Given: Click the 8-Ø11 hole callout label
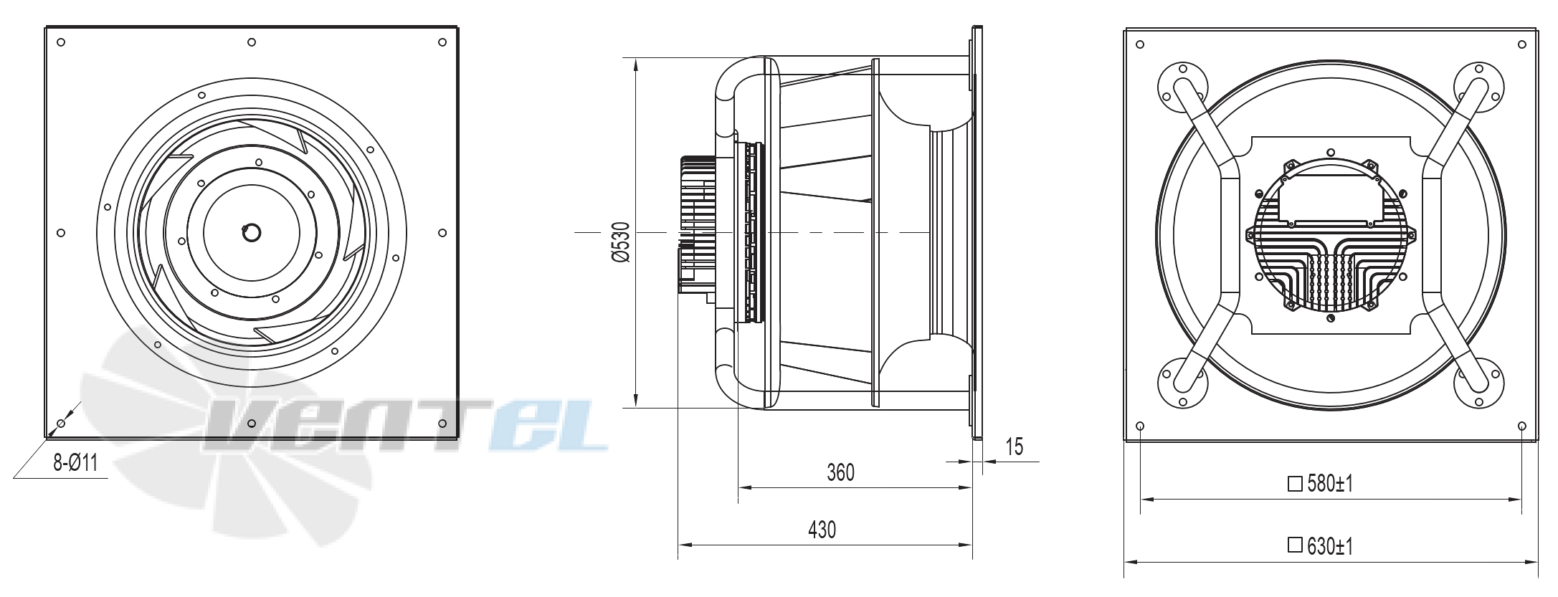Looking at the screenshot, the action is coord(75,463).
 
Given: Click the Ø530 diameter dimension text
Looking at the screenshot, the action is coord(621,242).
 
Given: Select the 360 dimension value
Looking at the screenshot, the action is coord(841,473).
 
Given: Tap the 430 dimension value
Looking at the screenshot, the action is coord(822,530).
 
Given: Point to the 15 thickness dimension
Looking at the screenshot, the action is coord(1014,447).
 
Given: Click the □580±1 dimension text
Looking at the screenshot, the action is coord(1320,484).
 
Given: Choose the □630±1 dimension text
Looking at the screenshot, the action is coord(1320,547).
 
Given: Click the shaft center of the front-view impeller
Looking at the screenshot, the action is coord(252,232).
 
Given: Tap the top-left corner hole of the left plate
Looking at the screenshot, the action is coord(61,42).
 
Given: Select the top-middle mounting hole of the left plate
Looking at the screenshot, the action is coord(252,42).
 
